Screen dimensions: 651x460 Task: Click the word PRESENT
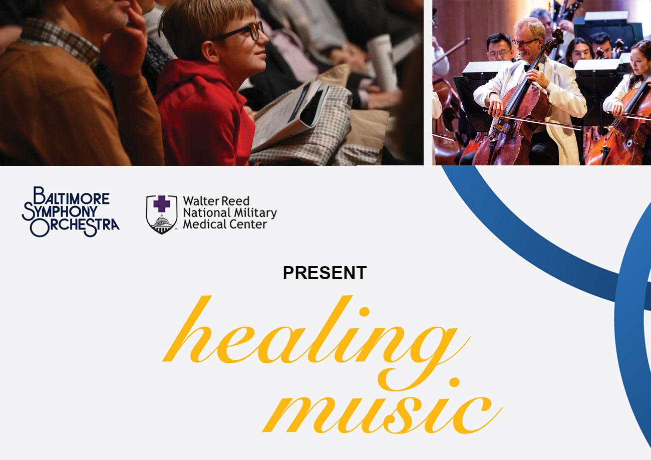click(x=324, y=273)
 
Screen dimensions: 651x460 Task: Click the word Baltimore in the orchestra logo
click(x=72, y=195)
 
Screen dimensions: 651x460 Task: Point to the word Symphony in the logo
click(x=60, y=211)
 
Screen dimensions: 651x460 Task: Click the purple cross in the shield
click(x=162, y=204)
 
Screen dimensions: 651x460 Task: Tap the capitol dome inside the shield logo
click(x=162, y=224)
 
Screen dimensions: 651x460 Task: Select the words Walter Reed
click(x=216, y=201)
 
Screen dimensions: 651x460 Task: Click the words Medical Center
click(x=225, y=224)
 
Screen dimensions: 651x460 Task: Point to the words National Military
click(x=230, y=213)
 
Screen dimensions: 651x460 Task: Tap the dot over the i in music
click(x=454, y=382)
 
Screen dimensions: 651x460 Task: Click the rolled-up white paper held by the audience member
click(x=381, y=62)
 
